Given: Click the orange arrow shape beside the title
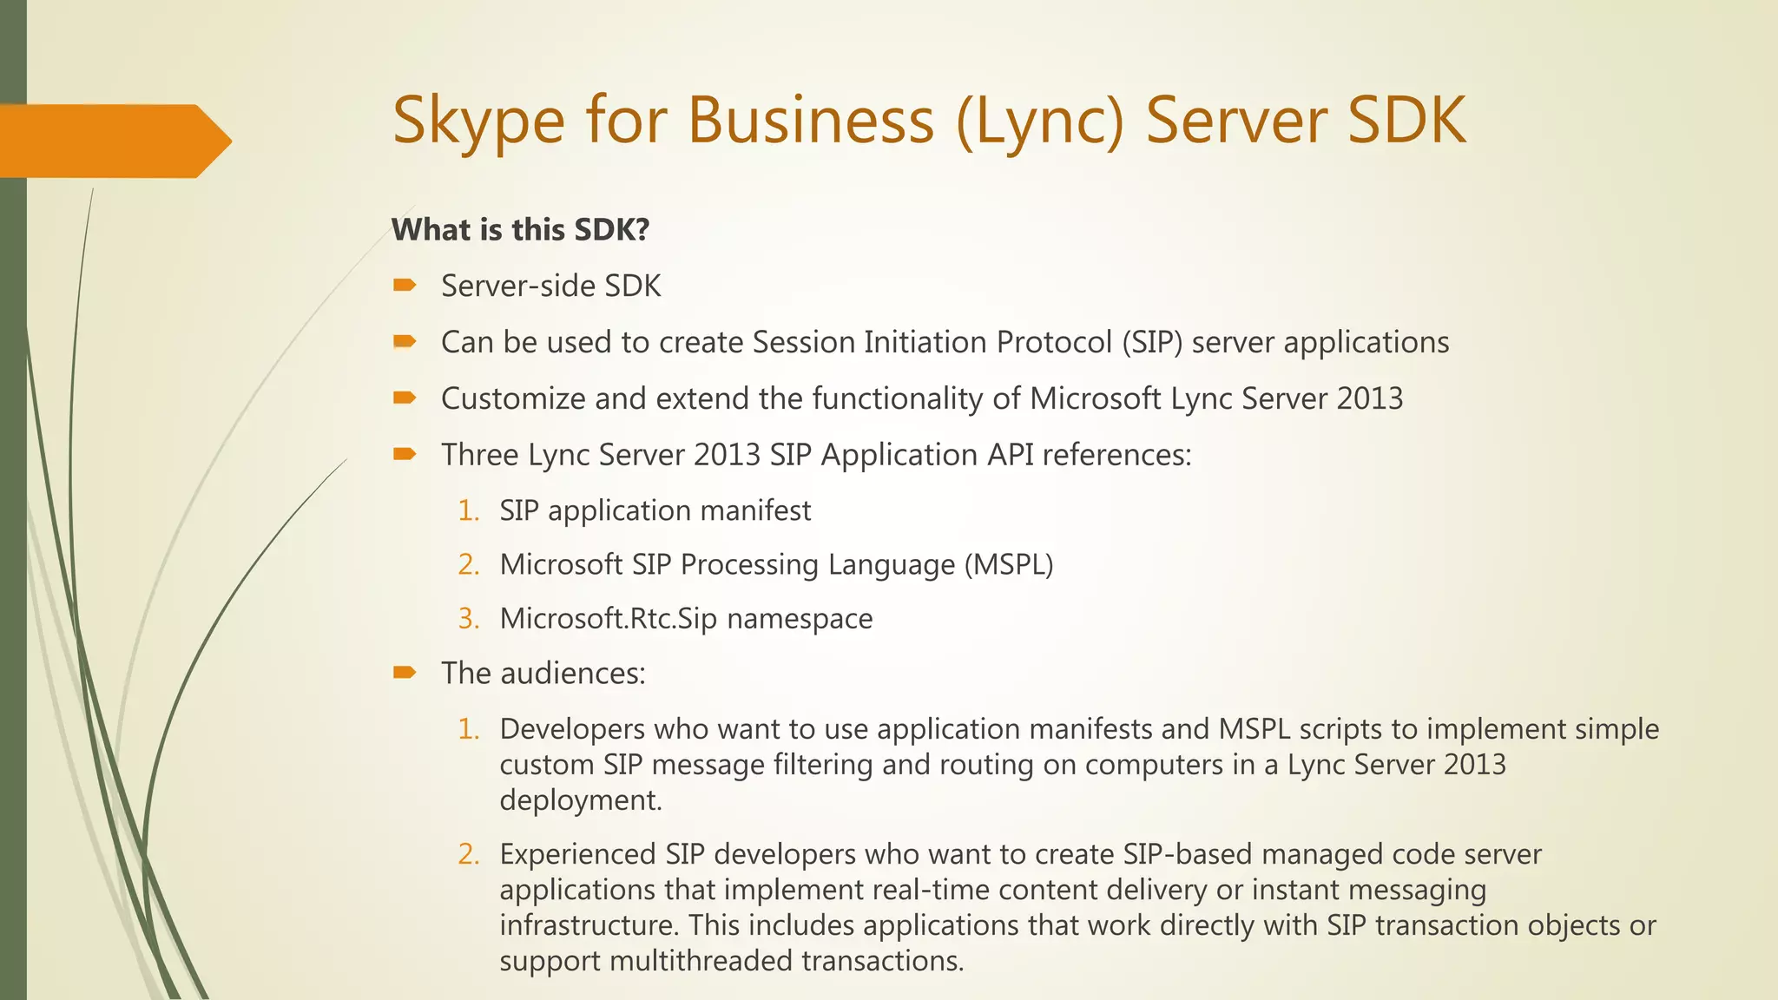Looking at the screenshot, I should pyautogui.click(x=113, y=141).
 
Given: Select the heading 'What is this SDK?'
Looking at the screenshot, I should pyautogui.click(x=520, y=230).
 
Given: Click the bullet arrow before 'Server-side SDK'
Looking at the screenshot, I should pyautogui.click(x=405, y=285).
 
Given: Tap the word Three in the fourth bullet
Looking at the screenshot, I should pyautogui.click(x=479, y=455).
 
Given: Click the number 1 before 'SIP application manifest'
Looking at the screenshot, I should pyautogui.click(x=467, y=510).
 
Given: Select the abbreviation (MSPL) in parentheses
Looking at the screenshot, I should pyautogui.click(x=1009, y=564).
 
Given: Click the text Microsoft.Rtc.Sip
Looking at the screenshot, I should pyautogui.click(x=609, y=618).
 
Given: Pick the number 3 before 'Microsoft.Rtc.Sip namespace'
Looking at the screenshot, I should pyautogui.click(x=468, y=618).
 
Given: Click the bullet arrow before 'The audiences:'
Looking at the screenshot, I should pyautogui.click(x=405, y=672).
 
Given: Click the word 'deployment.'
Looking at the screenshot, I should pyautogui.click(x=581, y=799).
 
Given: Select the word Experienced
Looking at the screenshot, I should pyautogui.click(x=577, y=854).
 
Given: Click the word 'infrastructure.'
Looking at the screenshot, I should pyautogui.click(x=589, y=925).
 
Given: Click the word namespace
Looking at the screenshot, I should pyautogui.click(x=800, y=618).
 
